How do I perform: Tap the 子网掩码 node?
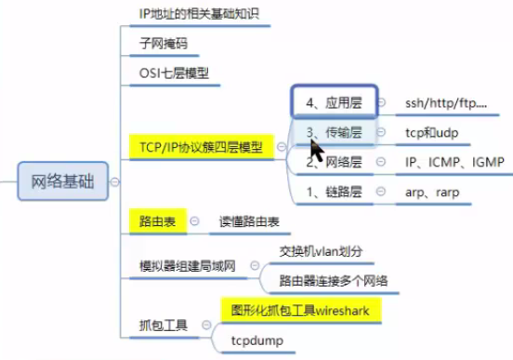155,43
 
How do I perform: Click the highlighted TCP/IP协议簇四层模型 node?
200,146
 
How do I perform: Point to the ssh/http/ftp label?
446,101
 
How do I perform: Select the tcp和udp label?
432,132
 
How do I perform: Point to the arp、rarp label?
434,193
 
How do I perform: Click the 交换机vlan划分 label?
328,251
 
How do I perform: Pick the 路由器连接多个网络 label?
335,280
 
